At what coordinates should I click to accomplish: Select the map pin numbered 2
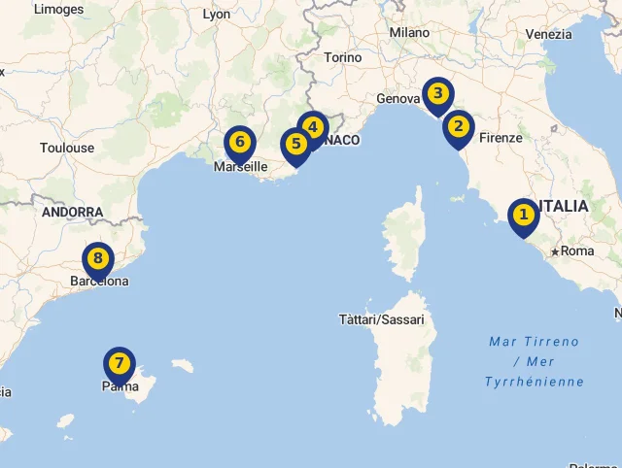click(458, 127)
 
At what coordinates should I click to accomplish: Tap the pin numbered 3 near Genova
click(438, 94)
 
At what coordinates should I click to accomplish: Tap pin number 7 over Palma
click(119, 364)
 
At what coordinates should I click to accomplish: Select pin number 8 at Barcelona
click(98, 259)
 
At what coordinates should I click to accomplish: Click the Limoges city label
click(59, 9)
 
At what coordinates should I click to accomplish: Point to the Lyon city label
click(217, 15)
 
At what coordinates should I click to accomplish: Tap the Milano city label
click(409, 32)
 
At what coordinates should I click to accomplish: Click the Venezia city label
click(548, 34)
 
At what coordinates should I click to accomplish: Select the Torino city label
click(343, 57)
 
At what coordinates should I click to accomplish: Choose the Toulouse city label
click(67, 148)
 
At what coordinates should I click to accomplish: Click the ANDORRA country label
click(72, 212)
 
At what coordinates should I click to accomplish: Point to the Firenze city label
click(501, 138)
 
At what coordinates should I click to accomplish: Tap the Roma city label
click(577, 251)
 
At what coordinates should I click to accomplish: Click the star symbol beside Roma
click(555, 251)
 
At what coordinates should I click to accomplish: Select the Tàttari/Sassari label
click(381, 319)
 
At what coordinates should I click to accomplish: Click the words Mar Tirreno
click(534, 342)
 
